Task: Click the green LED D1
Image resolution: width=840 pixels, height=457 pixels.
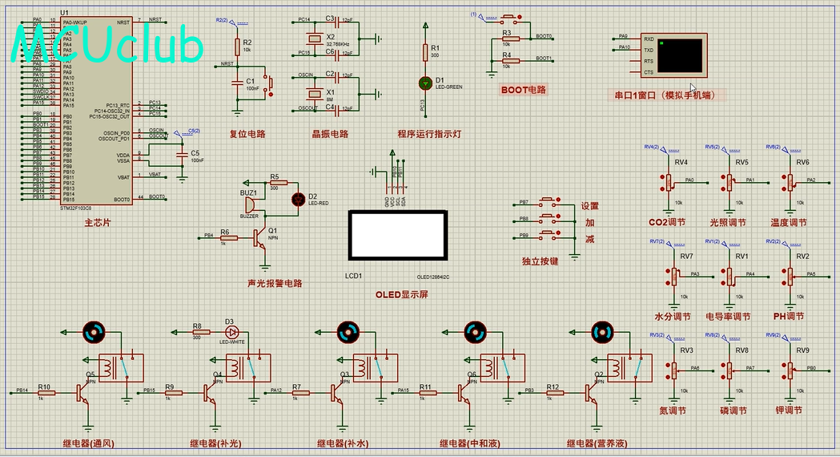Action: point(424,82)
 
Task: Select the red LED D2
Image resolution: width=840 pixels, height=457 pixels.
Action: point(301,196)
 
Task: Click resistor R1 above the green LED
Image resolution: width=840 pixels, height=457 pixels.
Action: point(424,52)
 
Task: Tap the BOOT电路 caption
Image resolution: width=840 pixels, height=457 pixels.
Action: point(523,90)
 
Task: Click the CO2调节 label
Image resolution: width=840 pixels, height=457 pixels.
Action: point(669,223)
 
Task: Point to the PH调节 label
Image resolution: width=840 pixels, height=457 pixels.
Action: point(790,316)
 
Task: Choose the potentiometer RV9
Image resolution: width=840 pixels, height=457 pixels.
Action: point(790,370)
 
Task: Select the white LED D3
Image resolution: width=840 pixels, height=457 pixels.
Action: point(232,331)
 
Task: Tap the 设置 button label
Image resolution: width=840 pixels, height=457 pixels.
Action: point(590,206)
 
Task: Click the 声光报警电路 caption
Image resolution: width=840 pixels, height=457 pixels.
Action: point(275,283)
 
